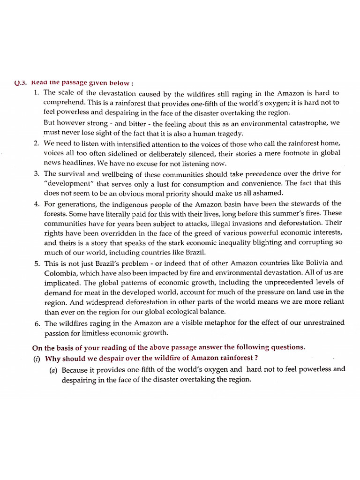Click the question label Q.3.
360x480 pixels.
tap(21, 83)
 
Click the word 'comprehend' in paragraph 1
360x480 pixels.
tap(63, 102)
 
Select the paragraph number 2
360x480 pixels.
tap(36, 143)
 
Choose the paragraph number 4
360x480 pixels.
tap(36, 204)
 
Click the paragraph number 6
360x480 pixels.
tap(36, 323)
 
